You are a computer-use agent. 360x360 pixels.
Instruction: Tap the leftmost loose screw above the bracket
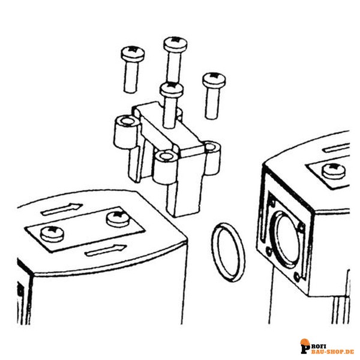[132, 70]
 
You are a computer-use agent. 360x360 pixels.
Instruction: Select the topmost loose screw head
[175, 44]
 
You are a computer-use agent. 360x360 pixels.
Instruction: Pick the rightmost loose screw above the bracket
[214, 96]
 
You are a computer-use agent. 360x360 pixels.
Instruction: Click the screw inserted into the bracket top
[171, 104]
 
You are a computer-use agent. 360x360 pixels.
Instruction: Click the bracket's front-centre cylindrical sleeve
[166, 167]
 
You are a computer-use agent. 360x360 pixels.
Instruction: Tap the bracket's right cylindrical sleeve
[212, 158]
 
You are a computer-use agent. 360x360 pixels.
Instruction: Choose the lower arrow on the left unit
[105, 250]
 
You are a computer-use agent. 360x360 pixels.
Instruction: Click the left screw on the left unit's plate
[52, 234]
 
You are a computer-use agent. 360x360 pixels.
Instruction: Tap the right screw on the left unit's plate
[118, 219]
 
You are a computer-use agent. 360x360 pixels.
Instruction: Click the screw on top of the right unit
[334, 171]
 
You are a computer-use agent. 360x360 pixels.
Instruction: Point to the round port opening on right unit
[287, 239]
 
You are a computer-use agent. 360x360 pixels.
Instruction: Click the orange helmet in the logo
[305, 342]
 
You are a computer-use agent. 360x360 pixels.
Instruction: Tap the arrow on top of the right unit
[337, 149]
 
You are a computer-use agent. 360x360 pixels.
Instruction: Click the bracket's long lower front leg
[184, 195]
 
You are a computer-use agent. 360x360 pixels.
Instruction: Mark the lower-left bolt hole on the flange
[269, 252]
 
